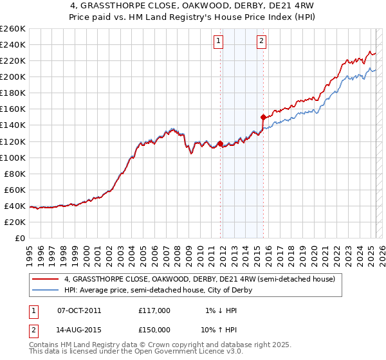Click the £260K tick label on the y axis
click(12, 29)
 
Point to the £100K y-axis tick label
click(12, 157)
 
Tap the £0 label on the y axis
click(20, 238)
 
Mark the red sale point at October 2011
click(220, 143)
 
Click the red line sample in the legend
click(46, 280)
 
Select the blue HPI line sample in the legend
click(46, 290)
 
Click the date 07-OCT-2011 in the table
click(79, 310)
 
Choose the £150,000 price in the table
click(154, 329)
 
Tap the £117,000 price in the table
click(154, 310)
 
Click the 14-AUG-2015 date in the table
click(79, 329)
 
